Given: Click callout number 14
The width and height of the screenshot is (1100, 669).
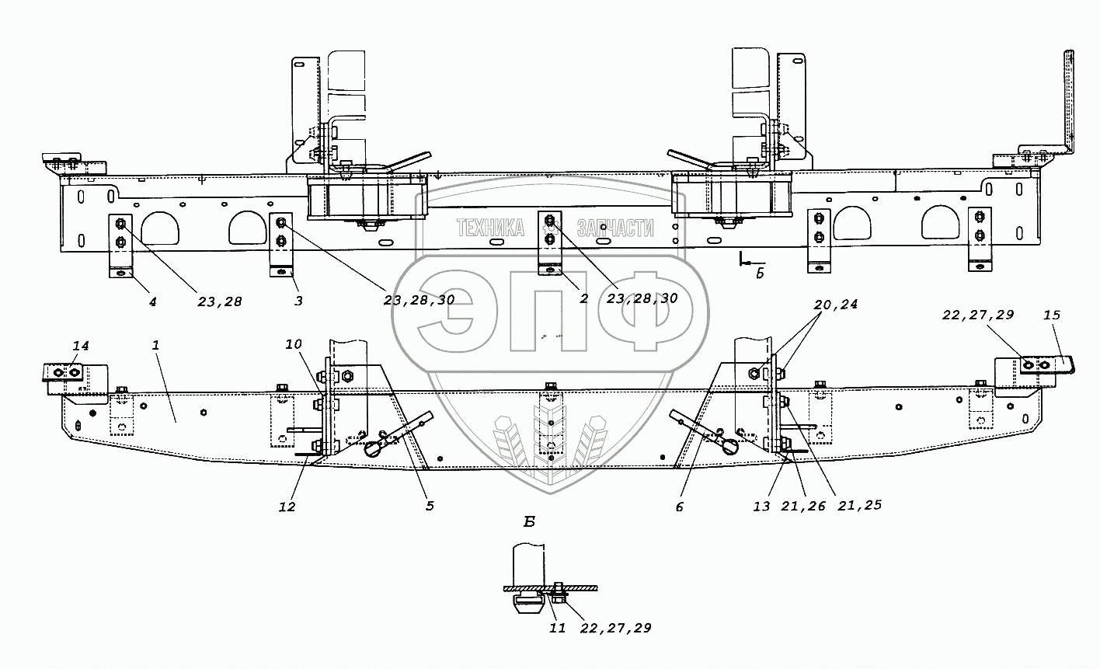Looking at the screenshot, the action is pos(81,347).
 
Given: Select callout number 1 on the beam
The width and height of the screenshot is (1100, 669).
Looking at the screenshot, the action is pos(155,345).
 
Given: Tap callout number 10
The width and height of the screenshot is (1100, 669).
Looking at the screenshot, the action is pos(294,344).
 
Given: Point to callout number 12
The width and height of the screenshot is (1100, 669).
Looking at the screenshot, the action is pos(287,507).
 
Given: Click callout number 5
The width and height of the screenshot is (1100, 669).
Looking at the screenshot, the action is pos(430,506).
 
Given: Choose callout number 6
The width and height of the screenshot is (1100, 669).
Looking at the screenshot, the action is pos(680,507).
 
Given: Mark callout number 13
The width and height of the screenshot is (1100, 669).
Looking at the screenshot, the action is pos(761,507).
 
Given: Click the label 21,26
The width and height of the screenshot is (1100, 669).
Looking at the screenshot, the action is pos(803,506).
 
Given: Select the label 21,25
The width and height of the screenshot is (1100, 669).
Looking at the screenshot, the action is pos(860,505).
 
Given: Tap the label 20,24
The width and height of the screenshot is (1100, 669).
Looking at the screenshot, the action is pos(836,305).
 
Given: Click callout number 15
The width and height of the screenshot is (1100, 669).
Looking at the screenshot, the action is pos(1052,315).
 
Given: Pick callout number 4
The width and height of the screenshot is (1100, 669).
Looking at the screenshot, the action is pos(153,301).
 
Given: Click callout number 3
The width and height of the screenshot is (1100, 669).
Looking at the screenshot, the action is pos(298,301).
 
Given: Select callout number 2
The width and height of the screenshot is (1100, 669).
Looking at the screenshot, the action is pos(583,298).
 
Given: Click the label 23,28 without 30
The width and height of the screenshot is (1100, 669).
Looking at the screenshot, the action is pos(220,302).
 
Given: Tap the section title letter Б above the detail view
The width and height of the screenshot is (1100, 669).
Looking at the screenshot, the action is pos(529,521).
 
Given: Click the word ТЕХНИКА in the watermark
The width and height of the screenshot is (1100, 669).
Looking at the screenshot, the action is pos(491,228).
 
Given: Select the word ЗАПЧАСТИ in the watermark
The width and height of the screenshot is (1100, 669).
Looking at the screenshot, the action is pos(615,228).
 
